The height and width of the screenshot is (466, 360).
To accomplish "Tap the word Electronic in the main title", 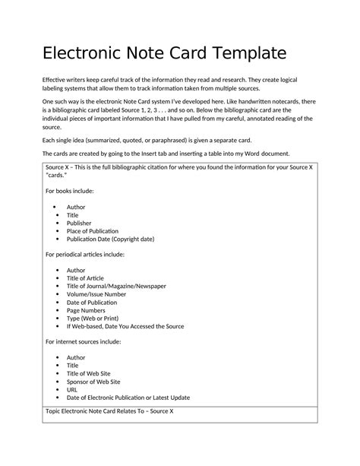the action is click(84, 55).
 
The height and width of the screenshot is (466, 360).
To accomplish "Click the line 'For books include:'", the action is click(70, 190).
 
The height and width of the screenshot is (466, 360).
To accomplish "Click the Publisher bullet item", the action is click(79, 223).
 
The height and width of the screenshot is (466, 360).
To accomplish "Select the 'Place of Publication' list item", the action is click(92, 230).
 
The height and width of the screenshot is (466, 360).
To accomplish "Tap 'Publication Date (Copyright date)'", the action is click(110, 239).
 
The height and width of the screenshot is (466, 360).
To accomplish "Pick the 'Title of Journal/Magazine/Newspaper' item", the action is click(116, 286).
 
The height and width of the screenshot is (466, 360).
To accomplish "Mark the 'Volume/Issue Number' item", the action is click(96, 294).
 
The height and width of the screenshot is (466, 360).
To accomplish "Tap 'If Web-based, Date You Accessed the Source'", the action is click(125, 326).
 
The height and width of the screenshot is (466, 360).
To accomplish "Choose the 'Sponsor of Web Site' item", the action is click(93, 382).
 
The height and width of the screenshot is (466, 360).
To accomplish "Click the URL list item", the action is click(73, 389).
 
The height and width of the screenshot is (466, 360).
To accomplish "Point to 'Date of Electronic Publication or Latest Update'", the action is click(128, 398).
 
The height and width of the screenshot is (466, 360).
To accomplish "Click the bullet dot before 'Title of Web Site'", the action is click(56, 373).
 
